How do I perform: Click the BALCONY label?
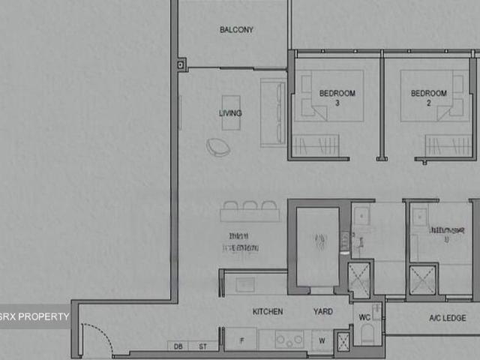(x=236, y=30)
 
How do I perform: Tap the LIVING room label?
(x=230, y=113)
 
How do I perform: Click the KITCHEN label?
(x=268, y=311)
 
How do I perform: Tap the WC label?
(x=364, y=317)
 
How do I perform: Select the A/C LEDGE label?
(x=447, y=318)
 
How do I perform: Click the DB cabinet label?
(x=178, y=346)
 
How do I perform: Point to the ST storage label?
(x=202, y=346)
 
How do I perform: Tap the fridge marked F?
(x=241, y=340)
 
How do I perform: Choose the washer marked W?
(x=322, y=340)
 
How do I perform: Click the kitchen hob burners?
(x=289, y=340)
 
